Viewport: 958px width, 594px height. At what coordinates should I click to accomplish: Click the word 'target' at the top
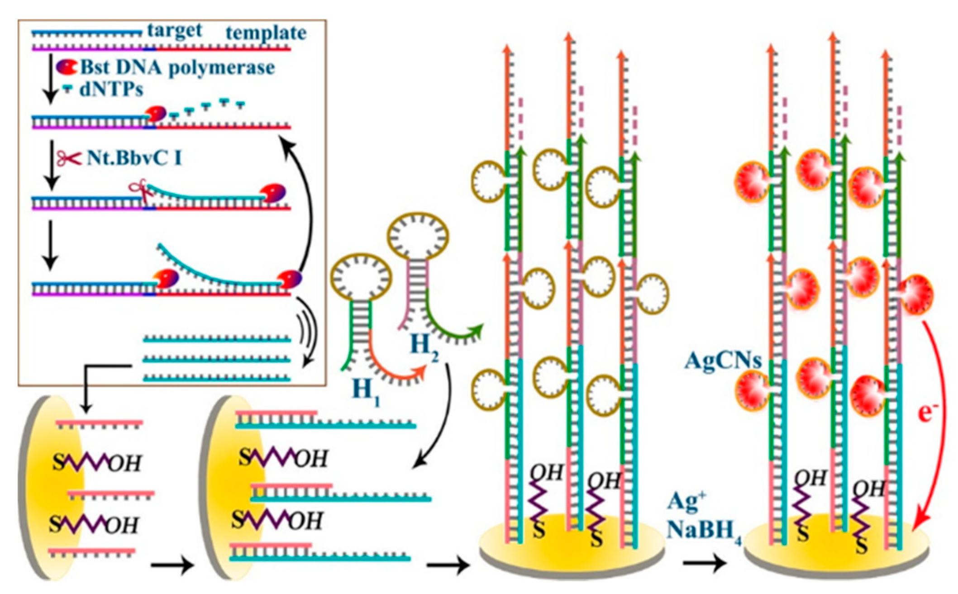(x=175, y=31)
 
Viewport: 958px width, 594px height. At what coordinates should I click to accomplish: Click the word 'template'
(x=266, y=33)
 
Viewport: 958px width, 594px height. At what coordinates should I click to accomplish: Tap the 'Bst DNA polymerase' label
(x=177, y=68)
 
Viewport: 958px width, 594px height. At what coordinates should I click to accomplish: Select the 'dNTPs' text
(x=111, y=89)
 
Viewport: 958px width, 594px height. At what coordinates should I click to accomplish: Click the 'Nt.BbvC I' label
(x=134, y=158)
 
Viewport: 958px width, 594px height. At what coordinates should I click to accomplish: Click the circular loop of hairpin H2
(x=418, y=237)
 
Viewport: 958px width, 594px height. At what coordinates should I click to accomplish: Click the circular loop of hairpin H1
(x=361, y=277)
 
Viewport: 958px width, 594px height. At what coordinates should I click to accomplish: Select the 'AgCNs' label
(x=722, y=361)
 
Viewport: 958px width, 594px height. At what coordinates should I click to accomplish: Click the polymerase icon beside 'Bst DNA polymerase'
(x=67, y=67)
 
